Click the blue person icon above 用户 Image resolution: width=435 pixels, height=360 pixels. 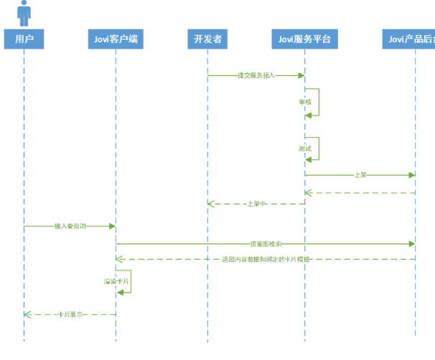tap(24, 12)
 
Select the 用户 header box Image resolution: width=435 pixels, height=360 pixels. tap(24, 39)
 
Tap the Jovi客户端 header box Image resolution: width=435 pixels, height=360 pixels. tap(116, 39)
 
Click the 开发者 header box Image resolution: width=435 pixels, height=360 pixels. tap(207, 39)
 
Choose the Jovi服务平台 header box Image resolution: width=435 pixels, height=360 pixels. tap(304, 39)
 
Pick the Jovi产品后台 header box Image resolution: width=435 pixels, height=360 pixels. tap(410, 39)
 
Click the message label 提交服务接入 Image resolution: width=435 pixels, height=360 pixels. tap(256, 75)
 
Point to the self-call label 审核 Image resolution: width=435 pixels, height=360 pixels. tap(305, 102)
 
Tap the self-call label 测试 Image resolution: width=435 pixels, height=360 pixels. tap(305, 148)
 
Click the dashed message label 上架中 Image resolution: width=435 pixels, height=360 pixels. tap(256, 204)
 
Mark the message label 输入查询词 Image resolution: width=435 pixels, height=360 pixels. tap(70, 226)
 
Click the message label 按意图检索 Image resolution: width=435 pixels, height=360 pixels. tap(266, 244)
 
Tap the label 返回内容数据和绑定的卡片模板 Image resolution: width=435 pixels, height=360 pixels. tap(266, 258)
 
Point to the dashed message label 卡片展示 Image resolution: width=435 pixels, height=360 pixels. tap(70, 314)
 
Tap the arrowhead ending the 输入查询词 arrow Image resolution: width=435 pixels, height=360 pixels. tap(112, 226)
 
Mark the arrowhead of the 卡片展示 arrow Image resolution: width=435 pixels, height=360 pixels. tap(27, 314)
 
